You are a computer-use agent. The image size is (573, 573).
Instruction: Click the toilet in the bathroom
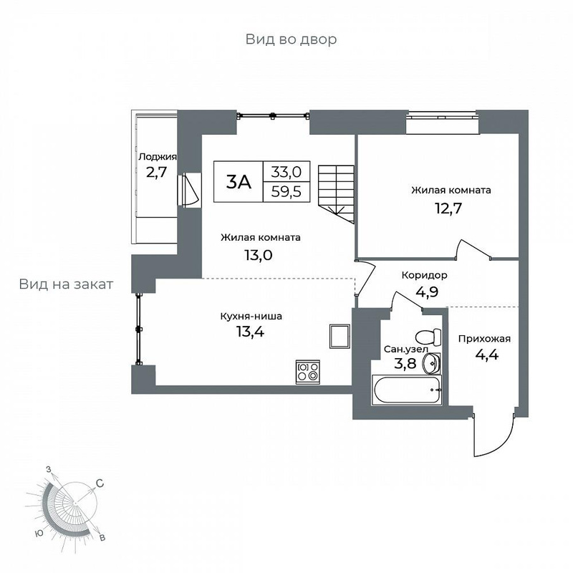click(428, 337)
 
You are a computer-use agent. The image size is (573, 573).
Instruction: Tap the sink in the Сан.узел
click(431, 364)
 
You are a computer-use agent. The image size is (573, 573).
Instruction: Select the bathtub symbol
click(407, 390)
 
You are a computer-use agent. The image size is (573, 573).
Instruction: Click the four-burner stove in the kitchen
click(308, 372)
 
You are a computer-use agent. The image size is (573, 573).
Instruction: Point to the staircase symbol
click(336, 194)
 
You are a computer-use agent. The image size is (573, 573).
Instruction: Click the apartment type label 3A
click(239, 182)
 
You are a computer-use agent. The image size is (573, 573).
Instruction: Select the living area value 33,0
click(286, 171)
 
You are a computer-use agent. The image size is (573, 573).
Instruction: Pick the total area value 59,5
click(286, 191)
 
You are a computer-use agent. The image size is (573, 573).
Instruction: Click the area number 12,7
click(448, 208)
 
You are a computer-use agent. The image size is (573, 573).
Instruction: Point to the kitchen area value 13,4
click(250, 332)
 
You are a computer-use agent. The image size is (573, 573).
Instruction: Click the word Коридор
click(424, 275)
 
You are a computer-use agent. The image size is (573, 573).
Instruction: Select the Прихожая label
click(484, 339)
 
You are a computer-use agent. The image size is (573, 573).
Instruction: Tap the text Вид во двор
click(291, 39)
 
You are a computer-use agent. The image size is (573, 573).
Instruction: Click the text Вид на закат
click(66, 284)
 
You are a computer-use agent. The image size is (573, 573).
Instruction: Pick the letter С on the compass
click(100, 483)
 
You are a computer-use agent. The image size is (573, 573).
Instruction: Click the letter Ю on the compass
click(39, 534)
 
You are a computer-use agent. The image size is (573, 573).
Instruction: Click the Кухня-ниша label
click(251, 316)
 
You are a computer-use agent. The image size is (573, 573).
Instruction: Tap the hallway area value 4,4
click(487, 355)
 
